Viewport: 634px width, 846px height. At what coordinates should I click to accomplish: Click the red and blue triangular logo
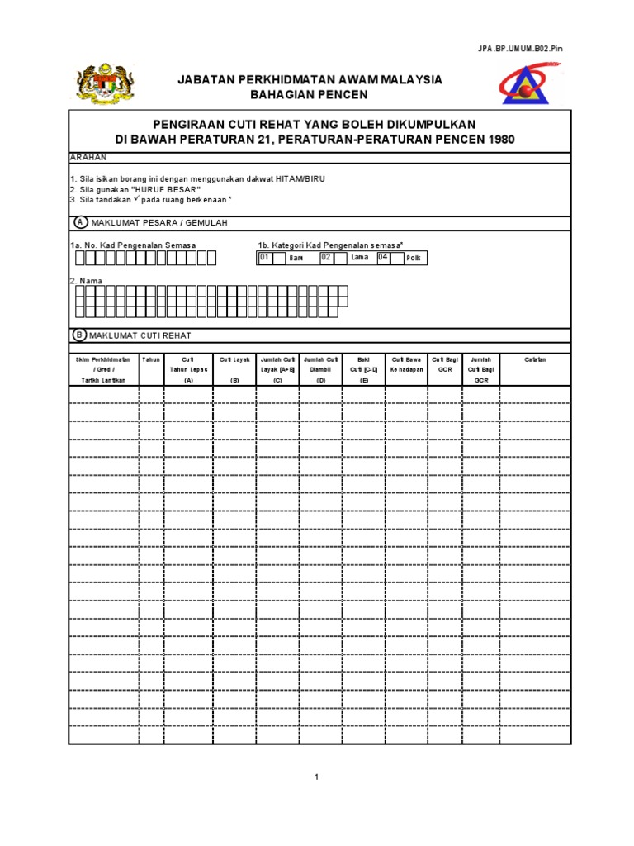pos(529,86)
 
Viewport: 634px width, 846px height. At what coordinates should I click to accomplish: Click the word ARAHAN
pos(88,157)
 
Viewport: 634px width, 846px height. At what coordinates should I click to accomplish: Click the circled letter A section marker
pos(80,223)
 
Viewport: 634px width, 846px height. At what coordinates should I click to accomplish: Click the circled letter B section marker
pos(80,336)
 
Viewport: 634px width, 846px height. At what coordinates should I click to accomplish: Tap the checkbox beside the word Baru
pos(279,259)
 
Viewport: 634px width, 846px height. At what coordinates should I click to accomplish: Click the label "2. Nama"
pos(86,281)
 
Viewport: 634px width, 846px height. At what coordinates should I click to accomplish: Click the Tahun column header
pos(151,359)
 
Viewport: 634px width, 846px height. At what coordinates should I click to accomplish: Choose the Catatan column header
pos(535,359)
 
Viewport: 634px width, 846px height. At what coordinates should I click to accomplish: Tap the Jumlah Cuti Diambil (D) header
pos(320,369)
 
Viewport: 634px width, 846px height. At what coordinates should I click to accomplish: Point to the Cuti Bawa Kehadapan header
pos(406,364)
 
